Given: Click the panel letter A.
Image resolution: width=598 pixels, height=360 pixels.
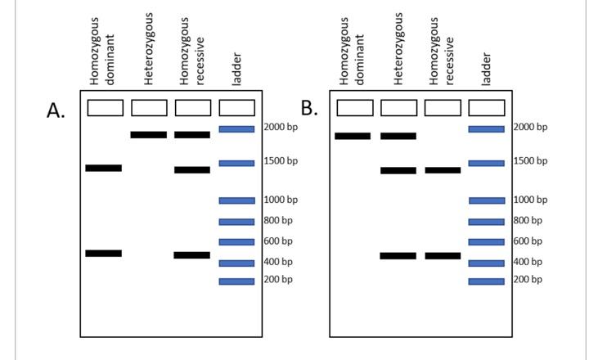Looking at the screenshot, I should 56,111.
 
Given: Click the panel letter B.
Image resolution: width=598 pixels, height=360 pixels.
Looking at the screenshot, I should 308,108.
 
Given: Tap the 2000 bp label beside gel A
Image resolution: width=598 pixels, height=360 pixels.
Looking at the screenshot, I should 281,127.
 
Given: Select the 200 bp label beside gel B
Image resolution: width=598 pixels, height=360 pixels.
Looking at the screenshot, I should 528,279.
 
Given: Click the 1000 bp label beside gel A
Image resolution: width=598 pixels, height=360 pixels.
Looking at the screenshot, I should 281,200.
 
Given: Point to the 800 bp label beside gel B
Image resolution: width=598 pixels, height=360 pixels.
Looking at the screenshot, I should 528,220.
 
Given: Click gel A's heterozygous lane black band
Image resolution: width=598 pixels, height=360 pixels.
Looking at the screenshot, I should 148,134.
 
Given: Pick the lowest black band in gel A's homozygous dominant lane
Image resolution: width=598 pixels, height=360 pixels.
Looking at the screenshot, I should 104,254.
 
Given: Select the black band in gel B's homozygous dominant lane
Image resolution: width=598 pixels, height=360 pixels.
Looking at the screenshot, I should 353,136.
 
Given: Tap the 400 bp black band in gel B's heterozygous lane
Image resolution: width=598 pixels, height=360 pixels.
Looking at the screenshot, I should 398,256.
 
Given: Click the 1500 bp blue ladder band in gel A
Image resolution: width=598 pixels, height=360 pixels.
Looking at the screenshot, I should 236,163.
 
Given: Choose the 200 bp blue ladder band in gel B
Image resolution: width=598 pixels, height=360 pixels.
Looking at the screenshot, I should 486,281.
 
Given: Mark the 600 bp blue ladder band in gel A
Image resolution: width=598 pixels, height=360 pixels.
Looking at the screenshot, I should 236,241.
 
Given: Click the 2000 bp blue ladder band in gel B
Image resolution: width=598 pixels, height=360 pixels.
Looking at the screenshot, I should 486,128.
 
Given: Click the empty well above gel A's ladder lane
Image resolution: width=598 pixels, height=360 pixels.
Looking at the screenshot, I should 236,107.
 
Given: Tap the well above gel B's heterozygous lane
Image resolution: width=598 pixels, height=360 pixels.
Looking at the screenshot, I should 398,107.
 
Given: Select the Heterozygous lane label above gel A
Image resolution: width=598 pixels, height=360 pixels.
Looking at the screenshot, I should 149,49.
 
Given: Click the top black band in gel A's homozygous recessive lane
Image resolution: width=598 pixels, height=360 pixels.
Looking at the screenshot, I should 192,134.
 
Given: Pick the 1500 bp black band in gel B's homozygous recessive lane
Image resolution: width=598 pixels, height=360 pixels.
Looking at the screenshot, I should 443,170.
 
